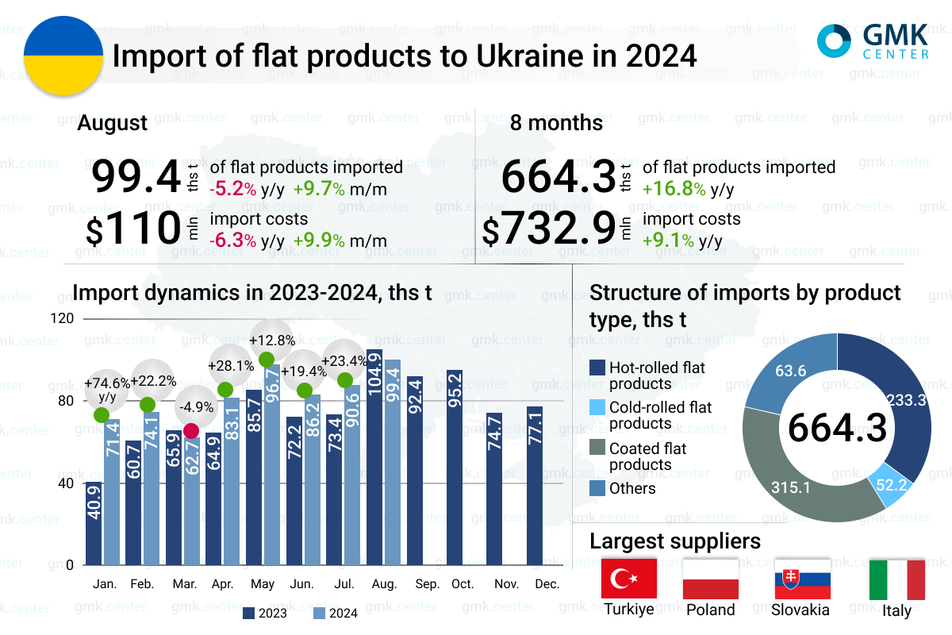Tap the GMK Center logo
pyautogui.click(x=873, y=41)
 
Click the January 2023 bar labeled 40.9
pyautogui.click(x=94, y=523)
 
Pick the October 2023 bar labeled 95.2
pyautogui.click(x=455, y=468)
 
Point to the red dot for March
pyautogui.click(x=190, y=431)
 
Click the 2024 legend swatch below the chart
pyautogui.click(x=319, y=613)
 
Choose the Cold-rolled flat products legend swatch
pyautogui.click(x=597, y=408)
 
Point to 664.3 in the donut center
pyautogui.click(x=837, y=429)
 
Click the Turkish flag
pyautogui.click(x=629, y=579)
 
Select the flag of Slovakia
pyautogui.click(x=802, y=579)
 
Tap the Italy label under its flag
pyautogui.click(x=896, y=610)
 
